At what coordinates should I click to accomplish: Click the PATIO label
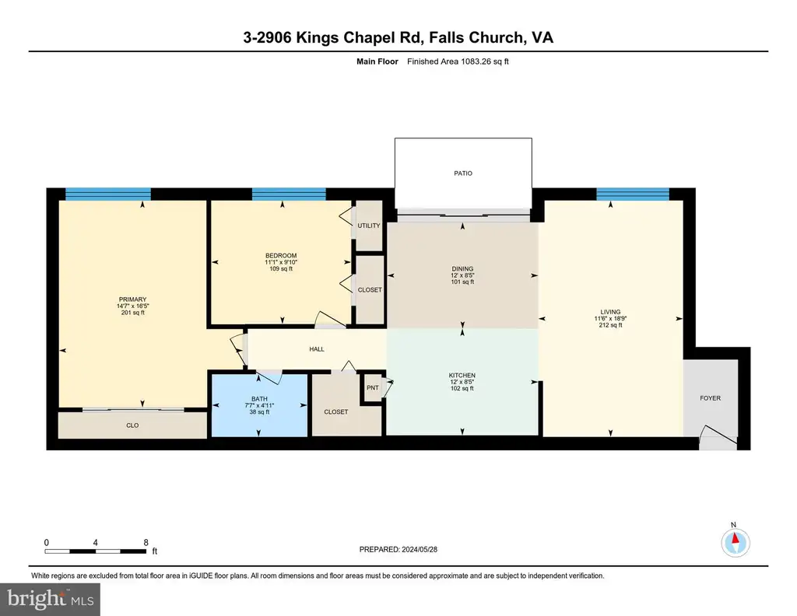point(462,173)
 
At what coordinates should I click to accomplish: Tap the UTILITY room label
point(368,226)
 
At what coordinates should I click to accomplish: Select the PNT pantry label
point(373,387)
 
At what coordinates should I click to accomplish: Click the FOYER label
point(710,398)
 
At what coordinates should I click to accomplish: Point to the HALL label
point(317,349)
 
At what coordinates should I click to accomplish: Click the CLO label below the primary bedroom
point(132,425)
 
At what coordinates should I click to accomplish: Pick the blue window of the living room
point(632,194)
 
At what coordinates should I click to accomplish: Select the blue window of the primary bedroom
point(107,194)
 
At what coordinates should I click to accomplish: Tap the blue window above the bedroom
point(289,194)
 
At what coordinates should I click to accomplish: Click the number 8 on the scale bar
point(146,542)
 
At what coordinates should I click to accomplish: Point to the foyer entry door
point(718,437)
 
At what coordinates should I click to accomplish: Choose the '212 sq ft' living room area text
point(610,325)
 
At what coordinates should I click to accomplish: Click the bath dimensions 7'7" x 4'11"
point(259,405)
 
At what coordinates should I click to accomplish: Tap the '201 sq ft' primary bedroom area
point(132,313)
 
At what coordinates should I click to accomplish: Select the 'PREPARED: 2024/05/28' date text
point(398,549)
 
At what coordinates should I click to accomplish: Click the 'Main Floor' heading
point(377,61)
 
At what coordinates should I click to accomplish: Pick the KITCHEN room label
point(462,376)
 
